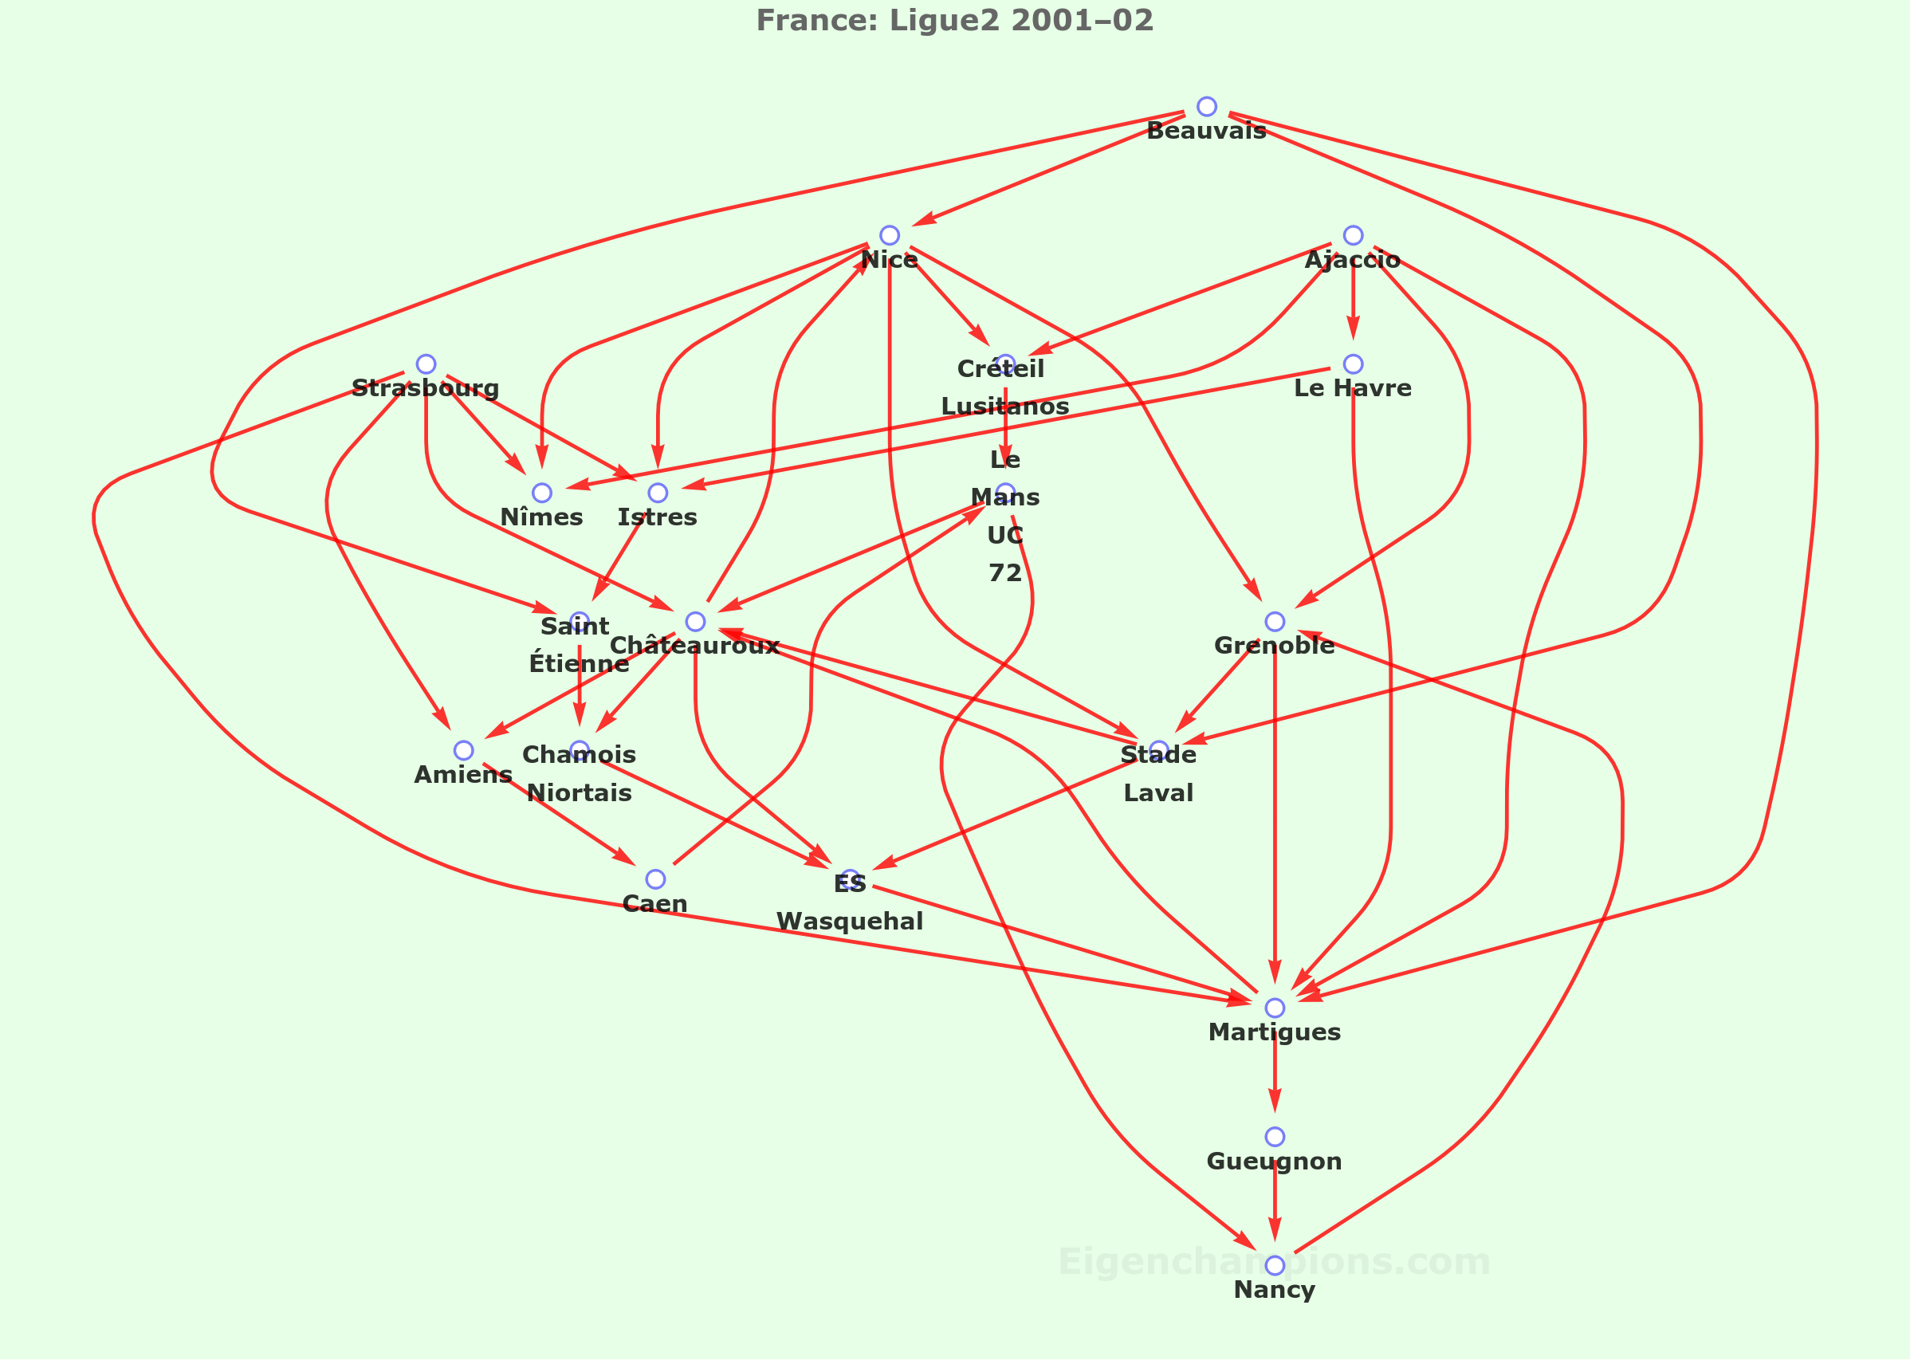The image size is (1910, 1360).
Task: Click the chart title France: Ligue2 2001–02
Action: (954, 20)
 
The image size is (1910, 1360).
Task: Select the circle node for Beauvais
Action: (1206, 106)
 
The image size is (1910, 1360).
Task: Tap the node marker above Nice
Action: (890, 235)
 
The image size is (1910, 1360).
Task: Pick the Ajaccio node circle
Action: (1353, 235)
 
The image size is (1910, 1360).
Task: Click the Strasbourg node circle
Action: (426, 364)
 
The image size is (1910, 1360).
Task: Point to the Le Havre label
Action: (1352, 388)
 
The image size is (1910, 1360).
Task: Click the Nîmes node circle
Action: (542, 493)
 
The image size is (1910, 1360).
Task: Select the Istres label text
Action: (658, 517)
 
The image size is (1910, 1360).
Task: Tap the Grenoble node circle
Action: (1275, 621)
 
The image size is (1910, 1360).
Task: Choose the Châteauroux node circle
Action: (695, 621)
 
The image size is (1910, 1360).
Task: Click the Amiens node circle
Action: (463, 750)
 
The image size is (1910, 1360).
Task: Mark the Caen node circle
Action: (655, 879)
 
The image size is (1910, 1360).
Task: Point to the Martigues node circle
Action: (1275, 1008)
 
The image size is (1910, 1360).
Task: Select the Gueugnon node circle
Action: (1275, 1137)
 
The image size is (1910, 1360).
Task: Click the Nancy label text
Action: (1275, 1291)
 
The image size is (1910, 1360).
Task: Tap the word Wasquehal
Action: (850, 922)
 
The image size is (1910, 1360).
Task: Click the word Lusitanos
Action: (1004, 406)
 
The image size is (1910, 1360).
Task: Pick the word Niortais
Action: (580, 793)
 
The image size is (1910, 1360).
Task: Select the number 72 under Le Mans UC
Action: (1004, 573)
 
